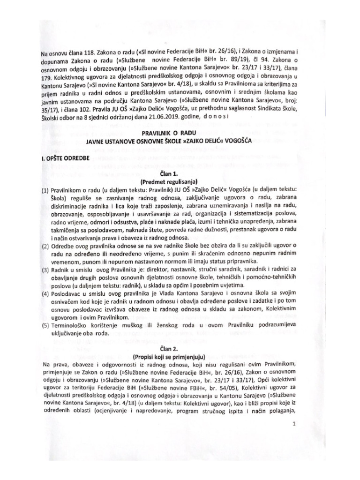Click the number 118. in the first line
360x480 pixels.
click(85, 56)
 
